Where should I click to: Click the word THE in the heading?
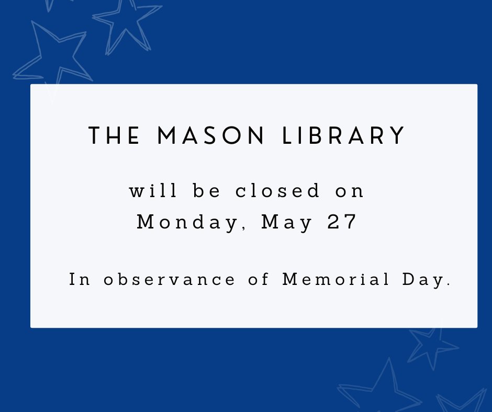click(x=115, y=136)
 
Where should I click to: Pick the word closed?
click(x=277, y=191)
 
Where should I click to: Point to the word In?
click(x=80, y=280)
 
